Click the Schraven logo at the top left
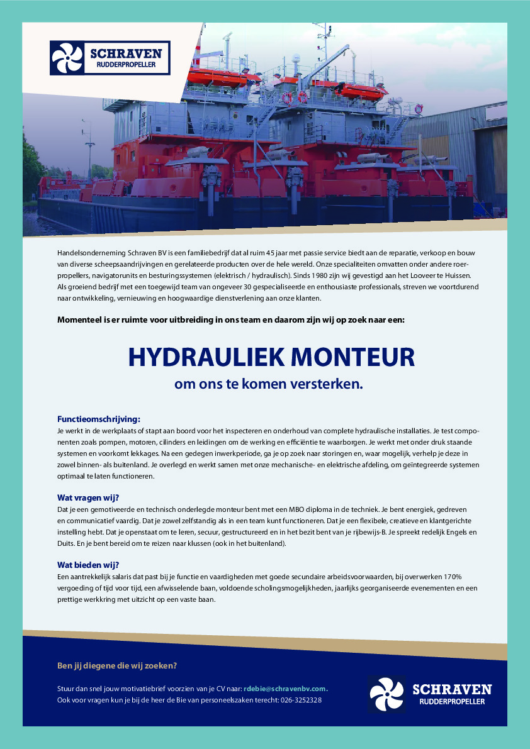click(x=110, y=58)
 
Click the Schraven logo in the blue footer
click(x=430, y=694)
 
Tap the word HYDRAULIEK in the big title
click(x=198, y=357)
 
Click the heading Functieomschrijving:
click(x=99, y=419)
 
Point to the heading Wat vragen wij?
click(x=88, y=497)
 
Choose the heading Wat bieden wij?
click(x=88, y=565)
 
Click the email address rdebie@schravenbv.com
click(x=286, y=689)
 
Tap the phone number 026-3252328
click(x=302, y=700)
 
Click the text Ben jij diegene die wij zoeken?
click(x=117, y=666)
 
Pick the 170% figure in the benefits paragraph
click(x=453, y=577)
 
